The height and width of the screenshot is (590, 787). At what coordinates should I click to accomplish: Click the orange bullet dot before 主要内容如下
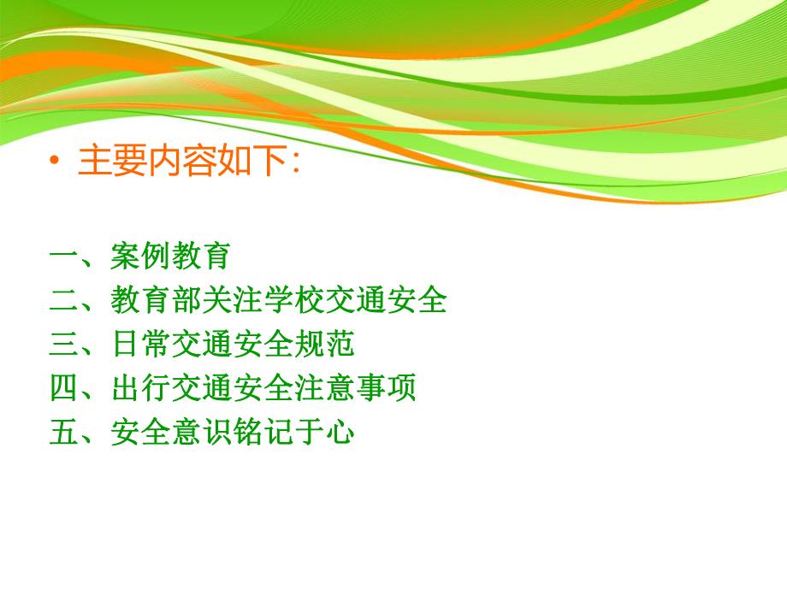pos(56,162)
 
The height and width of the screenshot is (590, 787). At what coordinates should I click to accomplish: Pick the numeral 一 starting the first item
pos(64,256)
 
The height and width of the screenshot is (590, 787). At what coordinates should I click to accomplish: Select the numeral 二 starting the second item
pos(64,300)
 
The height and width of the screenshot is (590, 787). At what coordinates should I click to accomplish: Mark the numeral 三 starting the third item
pos(64,345)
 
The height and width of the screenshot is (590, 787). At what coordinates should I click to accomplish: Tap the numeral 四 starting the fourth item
pos(64,389)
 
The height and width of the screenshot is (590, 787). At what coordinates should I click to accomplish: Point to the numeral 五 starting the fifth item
pos(64,434)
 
